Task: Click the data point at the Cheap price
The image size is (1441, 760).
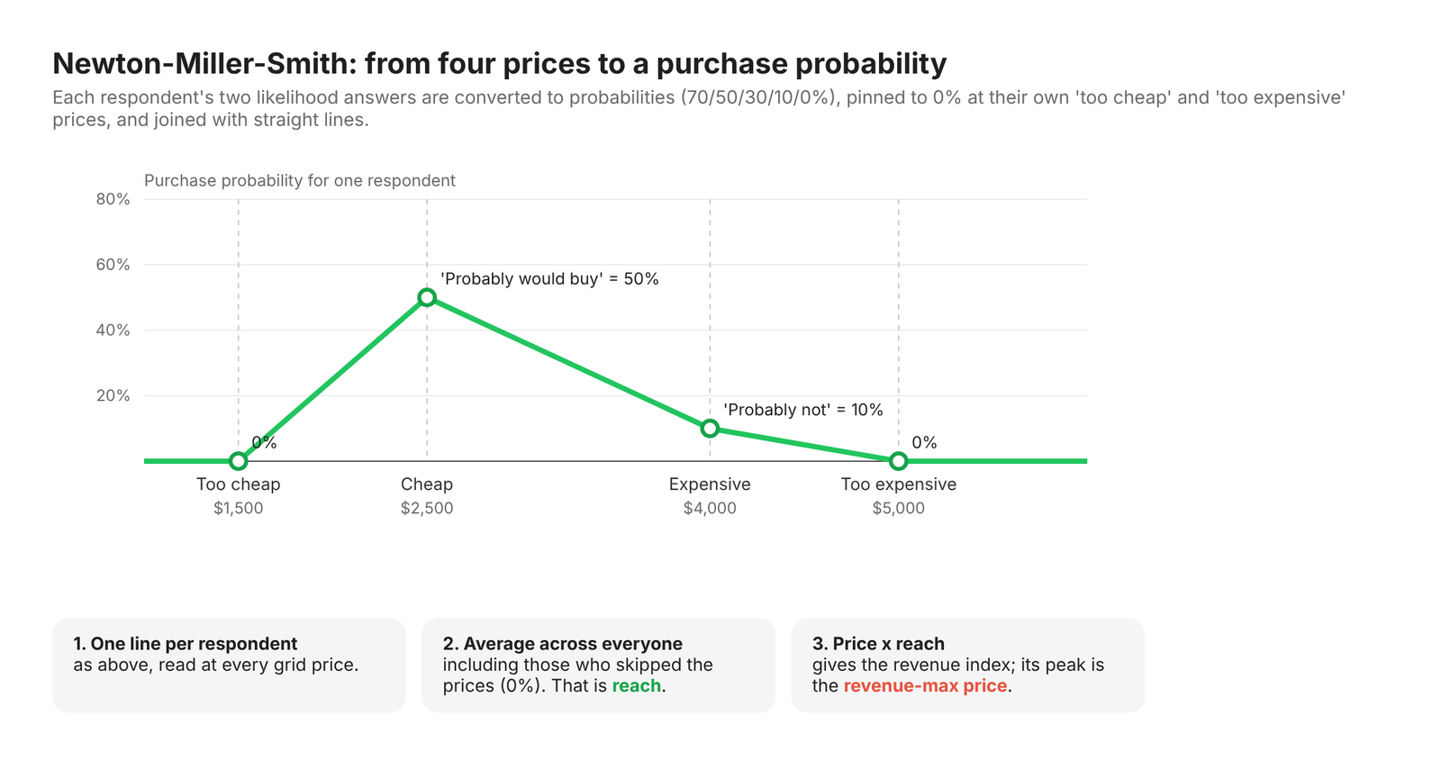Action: [x=427, y=297]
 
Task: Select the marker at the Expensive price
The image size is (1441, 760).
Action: [x=710, y=429]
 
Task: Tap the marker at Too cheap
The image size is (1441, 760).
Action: [x=238, y=461]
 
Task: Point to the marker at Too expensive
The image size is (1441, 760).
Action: [x=899, y=461]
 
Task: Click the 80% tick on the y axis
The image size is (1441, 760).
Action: [x=113, y=199]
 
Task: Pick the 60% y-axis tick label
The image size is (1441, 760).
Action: [x=113, y=265]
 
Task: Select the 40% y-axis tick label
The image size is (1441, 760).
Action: [x=113, y=330]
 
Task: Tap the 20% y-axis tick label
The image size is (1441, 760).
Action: [x=113, y=395]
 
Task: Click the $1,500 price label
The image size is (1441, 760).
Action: [x=238, y=509]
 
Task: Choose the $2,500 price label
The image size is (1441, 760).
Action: [x=427, y=509]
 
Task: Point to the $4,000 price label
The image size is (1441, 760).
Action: [x=710, y=509]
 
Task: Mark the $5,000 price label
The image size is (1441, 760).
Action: [x=899, y=509]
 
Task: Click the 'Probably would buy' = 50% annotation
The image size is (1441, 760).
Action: [x=549, y=279]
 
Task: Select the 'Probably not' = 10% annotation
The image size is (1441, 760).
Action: [x=802, y=410]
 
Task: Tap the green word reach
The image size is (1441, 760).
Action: [x=636, y=686]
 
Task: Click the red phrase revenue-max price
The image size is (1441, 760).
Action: [x=925, y=686]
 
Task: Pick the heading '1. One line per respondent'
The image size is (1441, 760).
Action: [x=186, y=644]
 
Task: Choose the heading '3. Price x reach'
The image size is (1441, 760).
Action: [x=878, y=644]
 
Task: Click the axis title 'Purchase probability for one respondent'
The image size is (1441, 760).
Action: [x=300, y=181]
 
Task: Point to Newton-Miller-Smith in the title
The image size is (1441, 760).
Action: [x=204, y=64]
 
